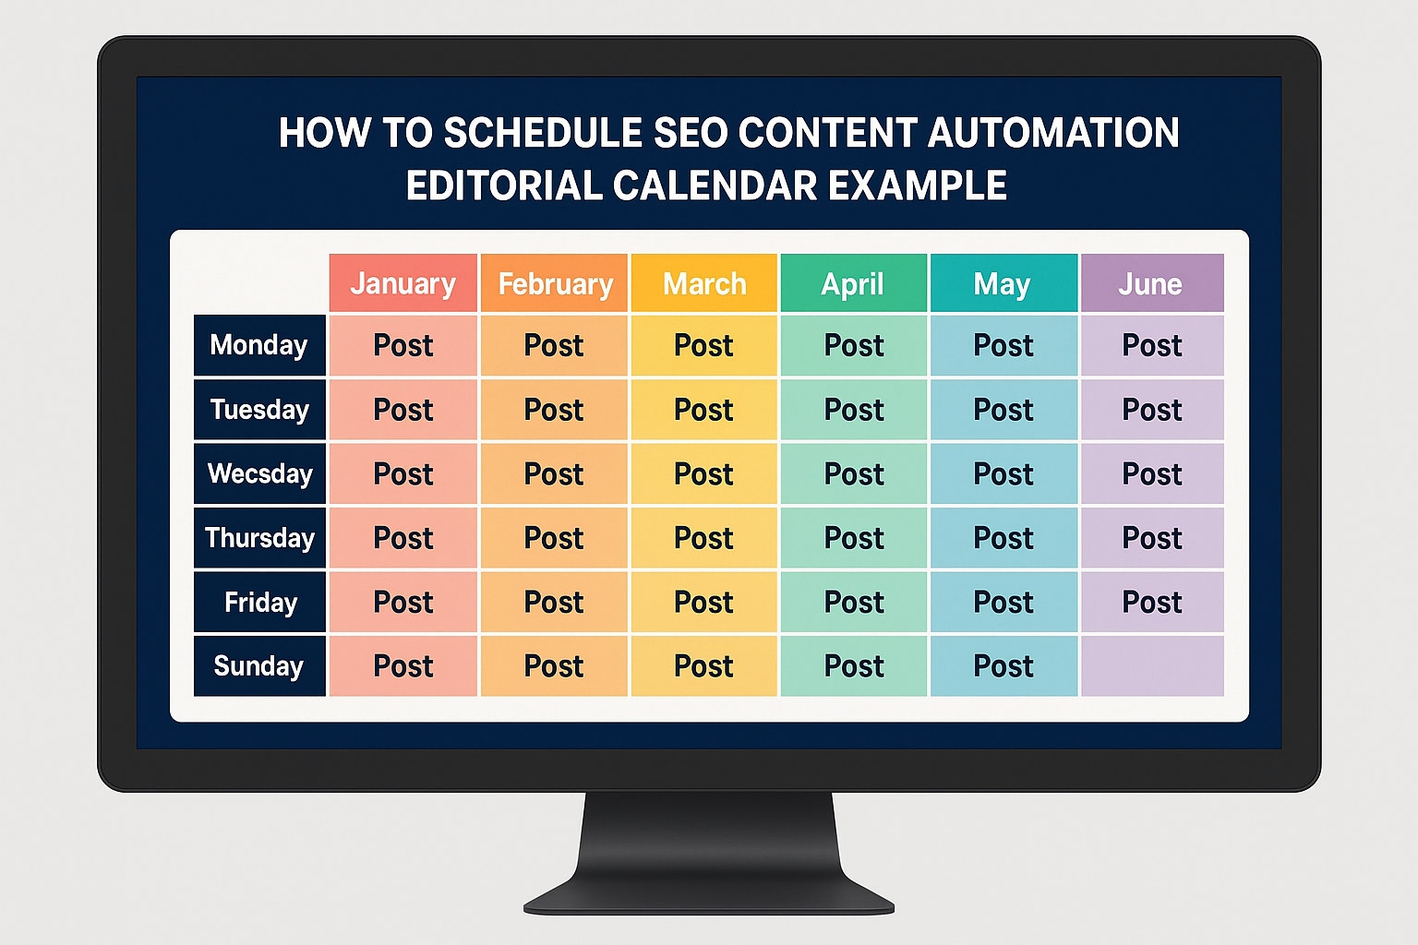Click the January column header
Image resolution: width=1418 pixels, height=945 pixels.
[403, 283]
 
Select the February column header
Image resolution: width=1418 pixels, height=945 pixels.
[554, 283]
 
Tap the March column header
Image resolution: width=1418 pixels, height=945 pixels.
[704, 283]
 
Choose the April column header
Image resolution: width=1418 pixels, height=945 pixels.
[853, 283]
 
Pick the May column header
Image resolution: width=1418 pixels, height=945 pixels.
[1003, 283]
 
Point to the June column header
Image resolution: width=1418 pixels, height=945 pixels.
[1152, 283]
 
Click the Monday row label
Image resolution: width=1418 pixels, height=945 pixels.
[259, 345]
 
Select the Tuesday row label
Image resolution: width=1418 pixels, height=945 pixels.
[259, 410]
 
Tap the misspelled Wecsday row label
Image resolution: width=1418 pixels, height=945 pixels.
[259, 473]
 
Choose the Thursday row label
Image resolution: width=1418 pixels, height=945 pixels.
[259, 537]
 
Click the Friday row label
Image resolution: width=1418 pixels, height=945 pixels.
[259, 602]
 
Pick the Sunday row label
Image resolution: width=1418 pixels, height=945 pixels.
[259, 666]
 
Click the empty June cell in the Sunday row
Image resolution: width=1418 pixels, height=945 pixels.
[1152, 666]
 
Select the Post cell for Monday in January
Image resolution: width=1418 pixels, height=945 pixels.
[403, 345]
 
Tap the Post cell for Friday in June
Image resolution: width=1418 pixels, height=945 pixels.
[1152, 602]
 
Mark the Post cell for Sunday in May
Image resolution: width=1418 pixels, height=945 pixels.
[1003, 666]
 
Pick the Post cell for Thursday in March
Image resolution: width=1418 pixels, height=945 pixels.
[704, 537]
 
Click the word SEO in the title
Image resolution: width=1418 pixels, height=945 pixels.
[691, 133]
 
